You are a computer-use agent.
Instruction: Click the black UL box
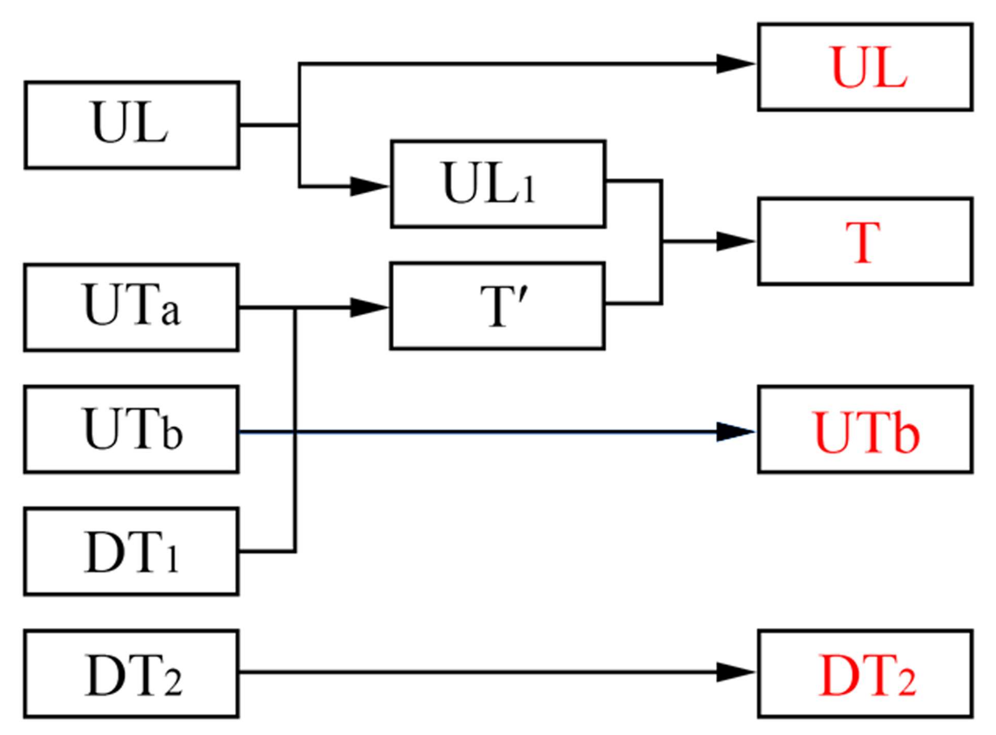pyautogui.click(x=131, y=125)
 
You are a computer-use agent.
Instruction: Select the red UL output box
pyautogui.click(x=865, y=67)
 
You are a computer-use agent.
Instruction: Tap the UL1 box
pyautogui.click(x=497, y=184)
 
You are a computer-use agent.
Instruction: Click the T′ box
pyautogui.click(x=497, y=306)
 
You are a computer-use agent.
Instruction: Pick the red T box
pyautogui.click(x=865, y=241)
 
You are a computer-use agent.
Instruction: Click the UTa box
pyautogui.click(x=131, y=307)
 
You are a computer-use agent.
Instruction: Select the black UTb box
pyautogui.click(x=131, y=429)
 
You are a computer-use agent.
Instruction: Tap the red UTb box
pyautogui.click(x=865, y=429)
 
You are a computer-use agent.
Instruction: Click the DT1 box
pyautogui.click(x=131, y=552)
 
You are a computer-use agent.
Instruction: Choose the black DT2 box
pyautogui.click(x=131, y=674)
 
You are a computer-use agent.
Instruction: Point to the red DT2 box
pyautogui.click(x=865, y=674)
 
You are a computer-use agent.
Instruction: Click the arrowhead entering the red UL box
pyautogui.click(x=736, y=64)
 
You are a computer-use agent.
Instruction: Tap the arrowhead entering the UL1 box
pyautogui.click(x=369, y=186)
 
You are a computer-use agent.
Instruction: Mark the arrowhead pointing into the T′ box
pyautogui.click(x=369, y=307)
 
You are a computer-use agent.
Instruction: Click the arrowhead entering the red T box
pyautogui.click(x=736, y=241)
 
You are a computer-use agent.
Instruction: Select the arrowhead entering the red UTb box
pyautogui.click(x=736, y=432)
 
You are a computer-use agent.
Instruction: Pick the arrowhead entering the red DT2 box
pyautogui.click(x=736, y=672)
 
